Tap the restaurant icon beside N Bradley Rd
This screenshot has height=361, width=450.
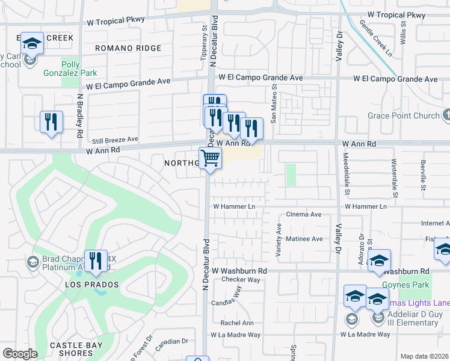(x=51, y=122)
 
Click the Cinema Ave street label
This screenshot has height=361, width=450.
(x=303, y=214)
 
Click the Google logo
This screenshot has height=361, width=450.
(x=20, y=354)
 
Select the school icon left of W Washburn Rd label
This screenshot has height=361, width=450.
(x=379, y=261)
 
